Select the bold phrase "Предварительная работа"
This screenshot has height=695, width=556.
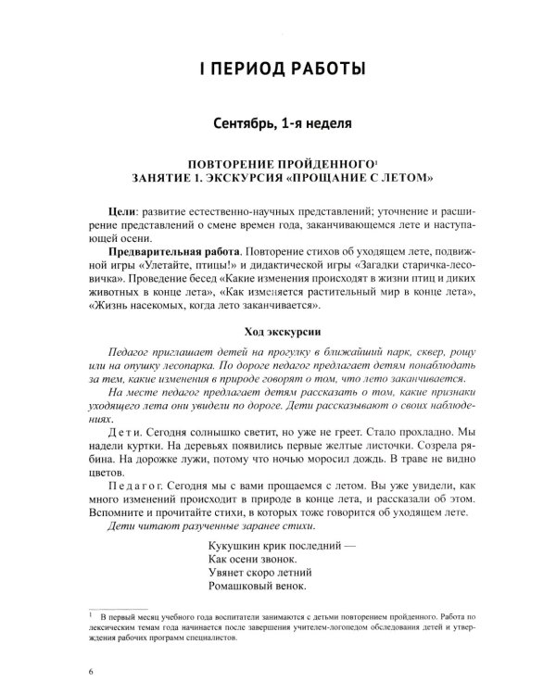169,252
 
